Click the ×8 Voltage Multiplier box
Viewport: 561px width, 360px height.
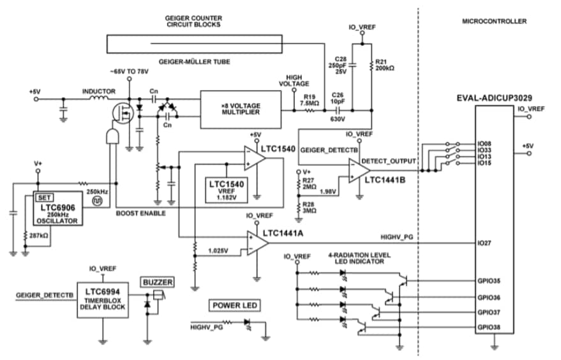tap(239, 107)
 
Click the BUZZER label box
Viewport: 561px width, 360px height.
tap(157, 281)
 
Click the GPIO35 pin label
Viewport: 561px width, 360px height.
tap(489, 280)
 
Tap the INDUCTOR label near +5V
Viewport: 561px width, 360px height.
tap(98, 91)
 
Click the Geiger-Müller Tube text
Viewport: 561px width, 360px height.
tap(195, 61)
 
